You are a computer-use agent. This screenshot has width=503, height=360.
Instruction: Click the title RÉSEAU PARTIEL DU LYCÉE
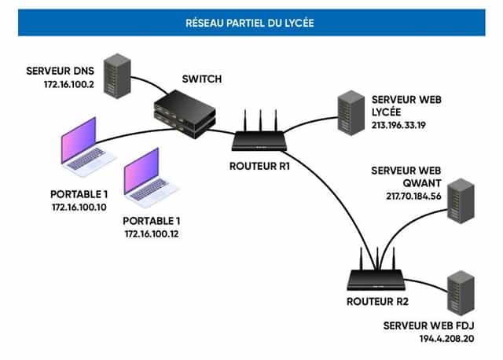[x=251, y=22]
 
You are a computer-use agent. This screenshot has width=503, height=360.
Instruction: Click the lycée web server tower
[x=347, y=115]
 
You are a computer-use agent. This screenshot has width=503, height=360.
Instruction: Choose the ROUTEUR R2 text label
[x=373, y=301]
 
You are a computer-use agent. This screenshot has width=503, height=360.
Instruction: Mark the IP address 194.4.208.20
[x=447, y=337]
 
